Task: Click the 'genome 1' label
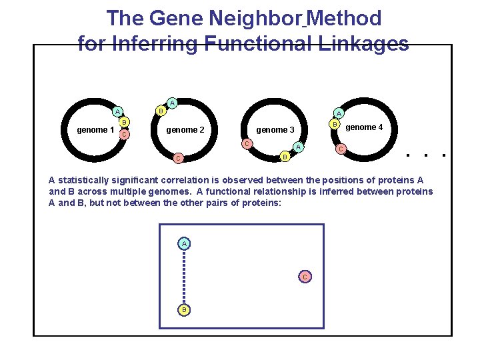[95, 129]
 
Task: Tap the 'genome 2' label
[185, 129]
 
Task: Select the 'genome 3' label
[275, 129]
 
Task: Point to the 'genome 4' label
[364, 127]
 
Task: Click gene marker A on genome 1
[117, 111]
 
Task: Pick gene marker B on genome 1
[125, 122]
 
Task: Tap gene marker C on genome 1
[123, 135]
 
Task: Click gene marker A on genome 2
[172, 103]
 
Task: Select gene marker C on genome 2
[177, 159]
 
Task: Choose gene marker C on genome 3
[246, 144]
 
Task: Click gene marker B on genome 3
[285, 157]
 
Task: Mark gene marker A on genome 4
[339, 113]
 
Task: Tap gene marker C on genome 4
[341, 149]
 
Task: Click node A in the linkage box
[184, 243]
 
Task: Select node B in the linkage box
[184, 310]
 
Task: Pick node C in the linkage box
[305, 276]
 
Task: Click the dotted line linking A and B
[184, 277]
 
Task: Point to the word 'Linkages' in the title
[364, 44]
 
